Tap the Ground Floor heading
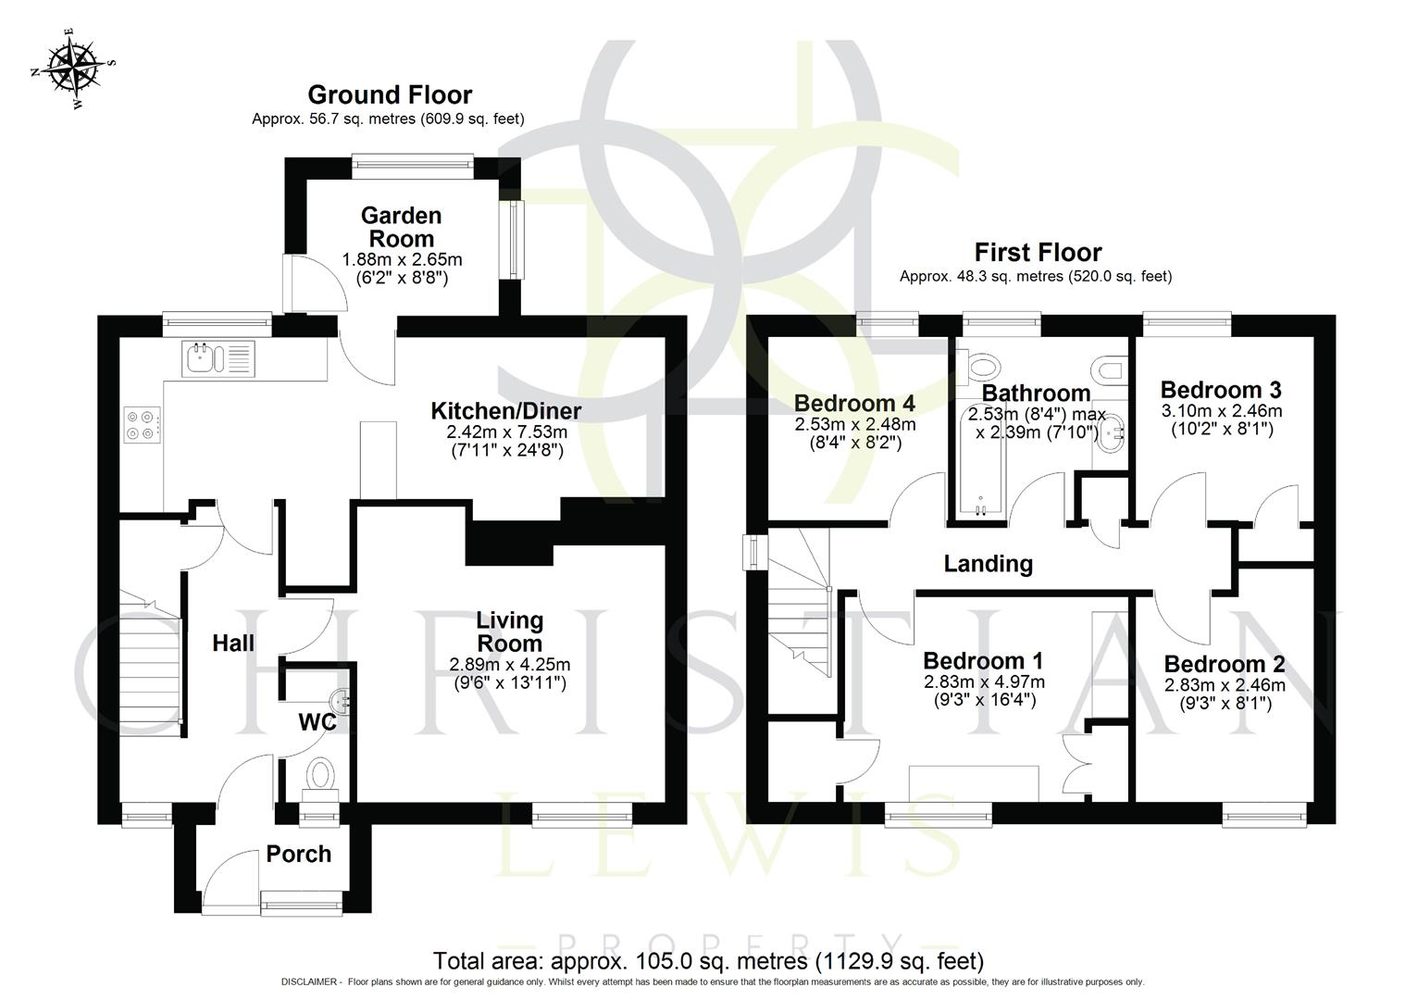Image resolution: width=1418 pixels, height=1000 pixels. tap(390, 95)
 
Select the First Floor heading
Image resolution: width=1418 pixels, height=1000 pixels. tap(1038, 253)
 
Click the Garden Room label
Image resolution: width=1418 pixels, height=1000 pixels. tap(401, 227)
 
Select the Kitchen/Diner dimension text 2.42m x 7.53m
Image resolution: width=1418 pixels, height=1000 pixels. tap(506, 432)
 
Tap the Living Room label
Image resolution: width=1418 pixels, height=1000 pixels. tap(509, 631)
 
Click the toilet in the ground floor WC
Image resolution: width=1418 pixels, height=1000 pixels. tap(321, 773)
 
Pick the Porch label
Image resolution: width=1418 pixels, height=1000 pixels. tap(298, 854)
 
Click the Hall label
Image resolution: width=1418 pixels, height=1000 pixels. tap(233, 644)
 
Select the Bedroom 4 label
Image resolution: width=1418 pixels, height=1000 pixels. tap(854, 404)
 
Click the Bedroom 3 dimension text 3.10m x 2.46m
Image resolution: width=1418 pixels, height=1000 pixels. tap(1221, 411)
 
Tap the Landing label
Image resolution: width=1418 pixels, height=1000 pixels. tap(988, 563)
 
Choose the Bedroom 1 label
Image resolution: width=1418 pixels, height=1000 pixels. tap(983, 661)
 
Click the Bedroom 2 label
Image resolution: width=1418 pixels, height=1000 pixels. tap(1224, 665)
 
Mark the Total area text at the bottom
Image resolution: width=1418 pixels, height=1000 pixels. tap(708, 961)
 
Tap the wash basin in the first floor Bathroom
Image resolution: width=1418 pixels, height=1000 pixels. tap(1111, 431)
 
